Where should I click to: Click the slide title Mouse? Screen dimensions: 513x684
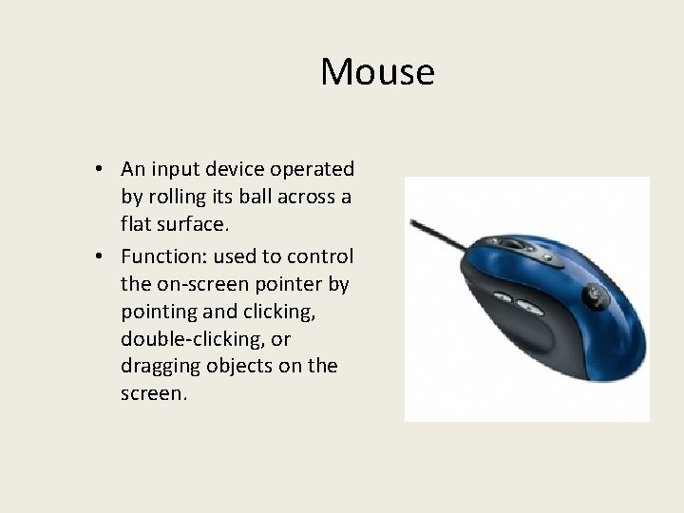377,72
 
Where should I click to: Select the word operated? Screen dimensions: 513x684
313,169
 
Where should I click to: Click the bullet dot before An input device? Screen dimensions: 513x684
99,170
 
